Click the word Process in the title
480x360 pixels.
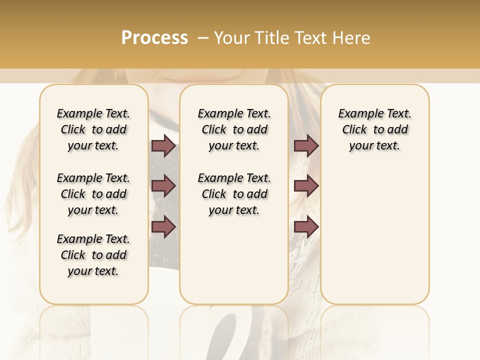click(x=154, y=38)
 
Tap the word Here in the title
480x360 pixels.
click(x=351, y=38)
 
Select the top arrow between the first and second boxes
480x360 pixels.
click(x=163, y=146)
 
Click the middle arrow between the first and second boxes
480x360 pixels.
click(x=163, y=186)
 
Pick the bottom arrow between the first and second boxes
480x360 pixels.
click(x=163, y=226)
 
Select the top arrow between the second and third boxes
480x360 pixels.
click(x=306, y=146)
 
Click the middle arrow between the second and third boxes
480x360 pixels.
click(x=306, y=186)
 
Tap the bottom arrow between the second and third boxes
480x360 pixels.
click(x=306, y=226)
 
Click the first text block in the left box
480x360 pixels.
click(x=93, y=129)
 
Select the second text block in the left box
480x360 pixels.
click(x=93, y=194)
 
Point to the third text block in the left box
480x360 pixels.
click(x=93, y=255)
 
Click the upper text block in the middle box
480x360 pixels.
click(x=234, y=129)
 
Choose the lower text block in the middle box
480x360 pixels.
click(x=234, y=194)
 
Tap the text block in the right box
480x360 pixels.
click(x=374, y=129)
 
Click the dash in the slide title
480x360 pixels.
click(x=202, y=38)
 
